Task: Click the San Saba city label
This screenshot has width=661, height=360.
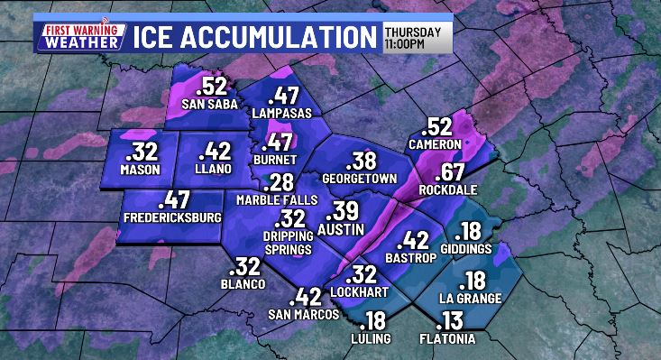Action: tap(209, 104)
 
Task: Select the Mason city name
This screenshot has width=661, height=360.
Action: tap(139, 169)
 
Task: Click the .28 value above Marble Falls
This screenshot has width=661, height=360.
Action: tap(280, 180)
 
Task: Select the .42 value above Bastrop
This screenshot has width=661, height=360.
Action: tap(414, 240)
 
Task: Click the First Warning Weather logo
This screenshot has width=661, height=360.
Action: tap(78, 35)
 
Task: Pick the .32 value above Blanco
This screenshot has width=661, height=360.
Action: tap(244, 267)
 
